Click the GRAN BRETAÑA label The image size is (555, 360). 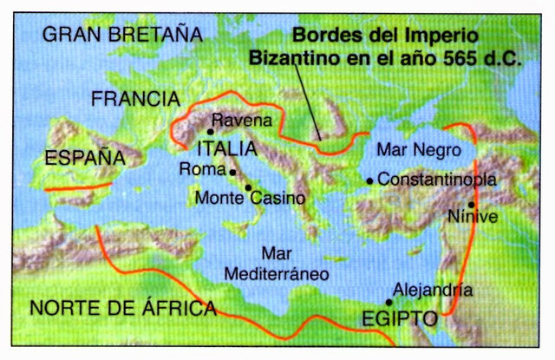[121, 35]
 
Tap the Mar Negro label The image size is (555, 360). [413, 149]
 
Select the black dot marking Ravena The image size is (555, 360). [211, 132]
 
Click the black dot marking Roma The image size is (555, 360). [232, 170]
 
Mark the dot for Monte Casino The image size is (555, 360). [249, 187]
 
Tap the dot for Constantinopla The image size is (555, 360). [370, 180]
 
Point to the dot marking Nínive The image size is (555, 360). [471, 205]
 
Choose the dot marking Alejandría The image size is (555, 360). [389, 302]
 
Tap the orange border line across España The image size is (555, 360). [78, 185]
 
